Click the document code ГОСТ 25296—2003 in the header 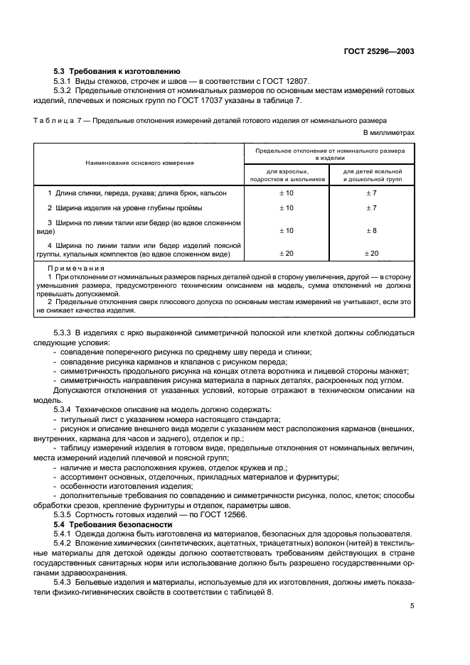(x=380, y=51)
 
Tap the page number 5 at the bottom (x=412, y=605)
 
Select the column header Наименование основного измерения (x=139, y=163)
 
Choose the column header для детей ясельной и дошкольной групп (x=373, y=175)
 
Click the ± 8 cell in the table (x=371, y=231)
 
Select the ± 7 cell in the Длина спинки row (x=371, y=193)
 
